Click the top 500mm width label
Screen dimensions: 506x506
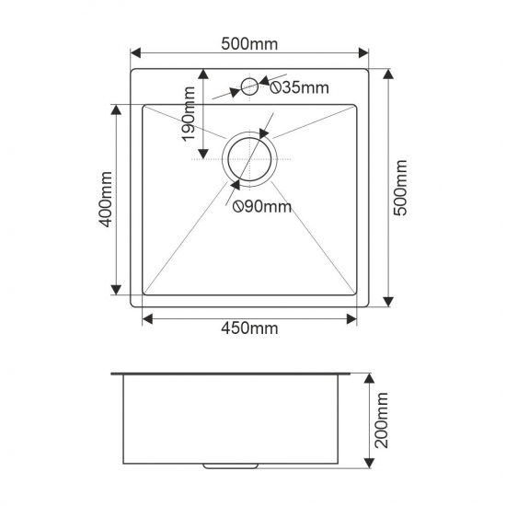[x=249, y=44]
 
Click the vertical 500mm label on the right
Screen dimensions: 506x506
[x=401, y=188]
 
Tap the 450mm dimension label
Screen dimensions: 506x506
[x=249, y=328]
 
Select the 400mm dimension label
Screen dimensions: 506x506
[x=106, y=200]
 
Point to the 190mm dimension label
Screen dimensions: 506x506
[x=188, y=114]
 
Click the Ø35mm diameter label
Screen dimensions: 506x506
[x=299, y=87]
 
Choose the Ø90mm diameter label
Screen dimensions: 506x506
[x=262, y=206]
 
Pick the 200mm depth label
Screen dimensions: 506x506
[x=382, y=420]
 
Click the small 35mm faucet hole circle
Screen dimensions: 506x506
[x=249, y=86]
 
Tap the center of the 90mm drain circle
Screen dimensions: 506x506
[x=249, y=159]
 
